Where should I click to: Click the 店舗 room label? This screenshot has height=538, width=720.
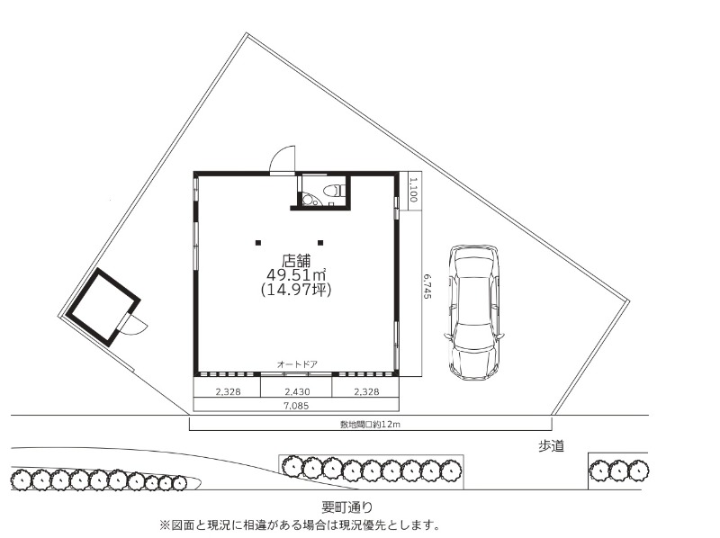pos(296,261)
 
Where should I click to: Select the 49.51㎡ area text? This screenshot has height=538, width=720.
pos(296,275)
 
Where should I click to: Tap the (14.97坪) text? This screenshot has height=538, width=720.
pos(296,290)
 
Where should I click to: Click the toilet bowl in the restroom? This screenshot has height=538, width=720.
pos(334,190)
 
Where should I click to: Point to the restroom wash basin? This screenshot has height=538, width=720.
pos(309,200)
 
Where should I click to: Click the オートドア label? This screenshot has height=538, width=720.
pos(297,364)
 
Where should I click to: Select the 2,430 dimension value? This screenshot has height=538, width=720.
pos(297,392)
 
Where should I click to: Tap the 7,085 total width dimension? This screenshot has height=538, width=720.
pos(296,406)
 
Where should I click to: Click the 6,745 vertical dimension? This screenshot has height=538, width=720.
pos(427,286)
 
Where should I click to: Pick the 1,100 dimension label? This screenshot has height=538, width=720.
pos(413,190)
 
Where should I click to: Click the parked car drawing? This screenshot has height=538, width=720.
pos(474,312)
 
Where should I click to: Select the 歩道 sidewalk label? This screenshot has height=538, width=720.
pos(551,445)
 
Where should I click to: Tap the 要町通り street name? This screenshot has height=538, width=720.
pos(347,507)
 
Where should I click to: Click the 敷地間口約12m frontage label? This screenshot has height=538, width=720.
pos(370,425)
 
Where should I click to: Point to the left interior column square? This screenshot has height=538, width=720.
pos(258,243)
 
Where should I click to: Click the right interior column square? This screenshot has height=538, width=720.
pos(320,243)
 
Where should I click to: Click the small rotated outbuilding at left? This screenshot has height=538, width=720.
pos(103,307)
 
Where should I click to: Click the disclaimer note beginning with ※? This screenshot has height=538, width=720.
pos(300,525)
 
